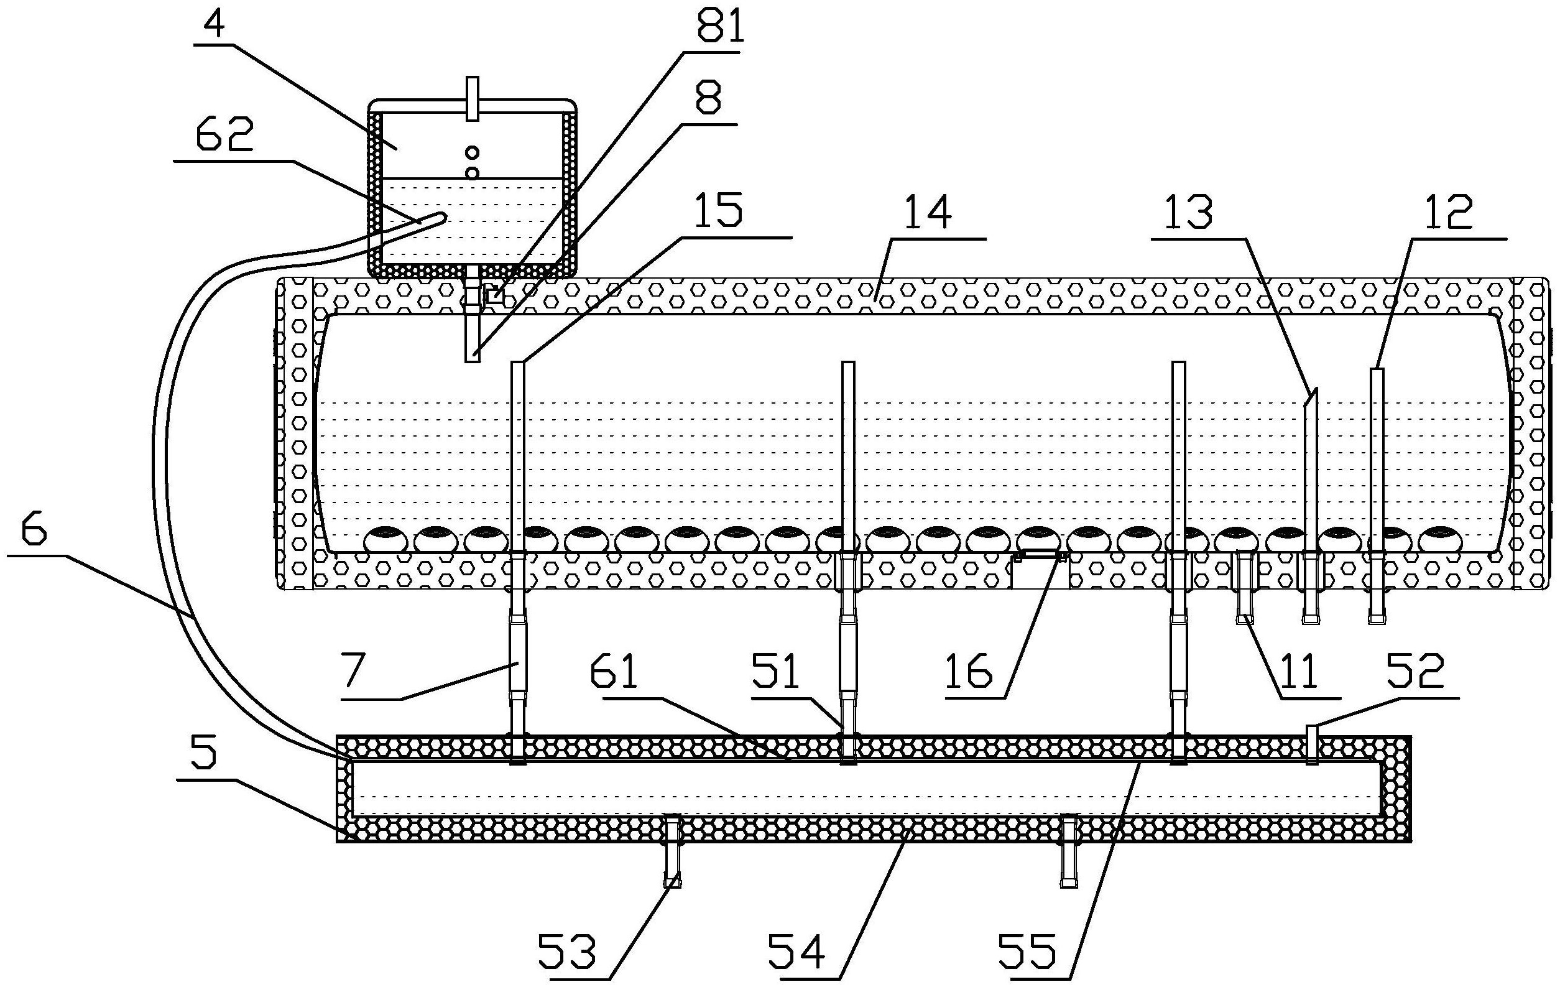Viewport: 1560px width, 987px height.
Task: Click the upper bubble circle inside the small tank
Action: (473, 153)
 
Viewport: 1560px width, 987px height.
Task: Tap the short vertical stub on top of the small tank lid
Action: (473, 98)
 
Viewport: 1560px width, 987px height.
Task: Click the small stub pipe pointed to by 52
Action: (1313, 744)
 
